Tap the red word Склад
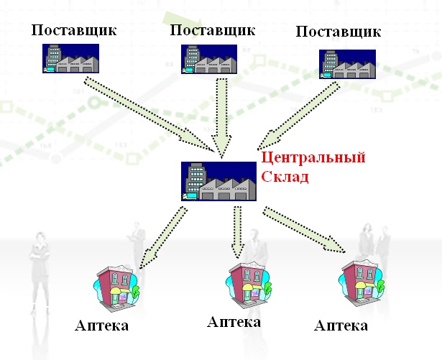285,175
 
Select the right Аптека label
341,326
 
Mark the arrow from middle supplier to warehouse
223,115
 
